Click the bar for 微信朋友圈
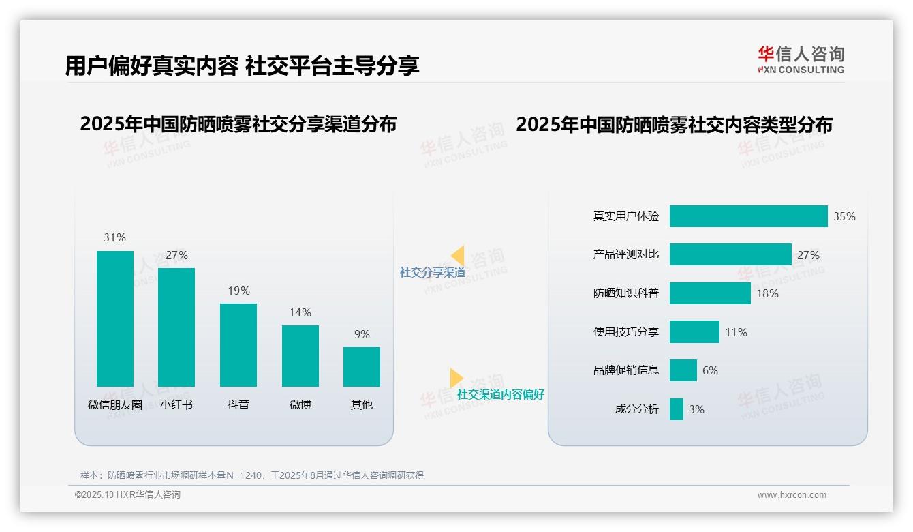pos(115,319)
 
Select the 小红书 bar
pos(176,327)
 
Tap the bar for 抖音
pos(238,345)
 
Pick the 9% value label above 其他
pos(362,334)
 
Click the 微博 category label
pos(300,404)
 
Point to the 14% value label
pos(300,312)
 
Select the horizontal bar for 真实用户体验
pos(748,216)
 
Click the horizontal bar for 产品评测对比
pos(730,255)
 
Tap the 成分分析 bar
pos(677,409)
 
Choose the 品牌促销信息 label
pos(626,370)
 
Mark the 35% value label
pos(844,216)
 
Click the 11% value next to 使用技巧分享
pos(736,332)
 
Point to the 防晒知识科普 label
pos(626,293)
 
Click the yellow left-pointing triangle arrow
pos(458,255)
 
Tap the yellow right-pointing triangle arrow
pos(456,378)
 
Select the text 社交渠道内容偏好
pos(501,394)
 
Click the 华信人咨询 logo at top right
pos(801,59)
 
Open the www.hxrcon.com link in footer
pos(792,495)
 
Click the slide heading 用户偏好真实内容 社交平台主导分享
pos(242,65)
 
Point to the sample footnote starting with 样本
pos(252,475)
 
